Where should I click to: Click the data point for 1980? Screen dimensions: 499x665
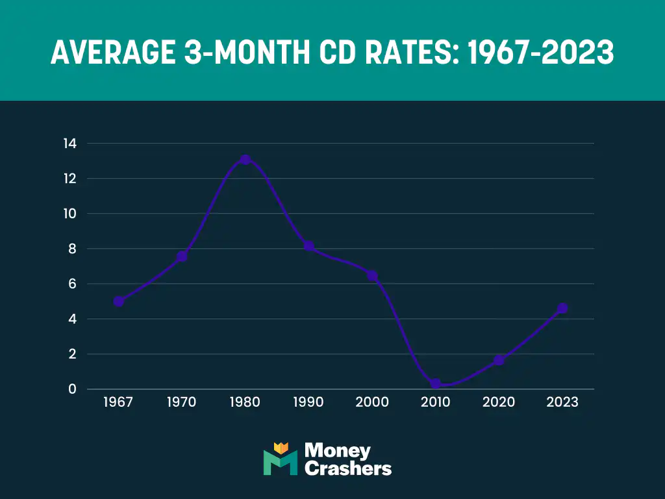point(245,159)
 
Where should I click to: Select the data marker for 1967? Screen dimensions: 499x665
point(118,301)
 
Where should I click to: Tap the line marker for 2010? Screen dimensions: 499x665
point(435,384)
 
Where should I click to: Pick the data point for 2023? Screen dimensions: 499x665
point(562,308)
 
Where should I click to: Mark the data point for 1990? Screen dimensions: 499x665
point(308,246)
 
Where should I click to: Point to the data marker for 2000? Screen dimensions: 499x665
point(372,275)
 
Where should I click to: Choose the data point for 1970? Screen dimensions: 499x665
point(182,257)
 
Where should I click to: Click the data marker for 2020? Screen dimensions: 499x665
point(499,360)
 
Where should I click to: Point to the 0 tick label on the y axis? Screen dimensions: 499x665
point(73,389)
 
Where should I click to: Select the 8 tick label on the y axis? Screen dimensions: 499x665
point(73,249)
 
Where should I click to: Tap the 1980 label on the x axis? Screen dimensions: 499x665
point(245,402)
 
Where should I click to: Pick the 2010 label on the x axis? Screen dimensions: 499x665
point(435,402)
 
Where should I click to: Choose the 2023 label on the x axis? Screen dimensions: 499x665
point(562,402)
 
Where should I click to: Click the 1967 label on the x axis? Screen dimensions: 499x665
point(118,402)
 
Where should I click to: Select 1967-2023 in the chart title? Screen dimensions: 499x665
point(540,53)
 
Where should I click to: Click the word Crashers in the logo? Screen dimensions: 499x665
point(348,468)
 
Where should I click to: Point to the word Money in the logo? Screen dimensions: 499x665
point(338,450)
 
